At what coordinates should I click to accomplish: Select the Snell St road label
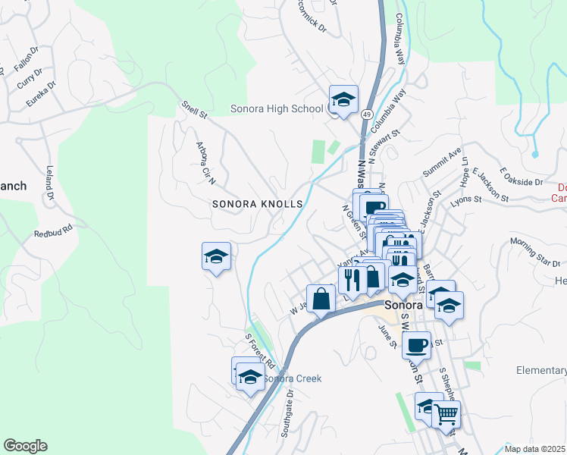point(194,110)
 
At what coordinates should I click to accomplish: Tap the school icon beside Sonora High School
point(343,99)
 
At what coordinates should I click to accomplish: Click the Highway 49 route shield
point(365,113)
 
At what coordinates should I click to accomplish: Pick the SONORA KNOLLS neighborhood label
point(258,204)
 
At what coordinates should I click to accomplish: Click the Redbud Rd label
point(52,231)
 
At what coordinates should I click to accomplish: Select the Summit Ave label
point(442,162)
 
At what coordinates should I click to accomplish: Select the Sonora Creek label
point(293,378)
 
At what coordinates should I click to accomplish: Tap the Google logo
point(25,446)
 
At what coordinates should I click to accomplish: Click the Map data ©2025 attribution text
point(535,448)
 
